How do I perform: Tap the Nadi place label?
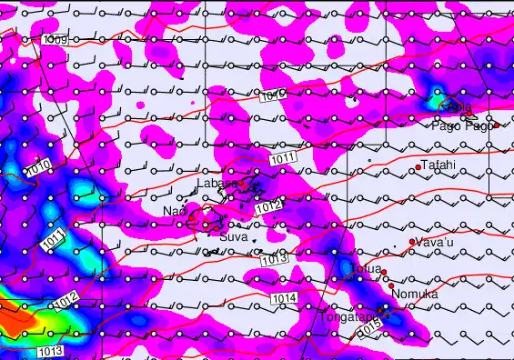(x=174, y=211)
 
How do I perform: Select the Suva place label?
(x=233, y=225)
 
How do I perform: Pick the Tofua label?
(x=363, y=269)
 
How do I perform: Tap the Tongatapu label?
(x=349, y=317)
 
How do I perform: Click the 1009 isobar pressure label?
(x=55, y=41)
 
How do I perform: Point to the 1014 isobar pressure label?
(x=283, y=298)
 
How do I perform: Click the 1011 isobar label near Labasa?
(x=282, y=159)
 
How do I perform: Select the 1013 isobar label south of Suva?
(x=274, y=259)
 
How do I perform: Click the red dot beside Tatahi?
(x=418, y=167)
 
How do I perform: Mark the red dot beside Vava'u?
(x=412, y=242)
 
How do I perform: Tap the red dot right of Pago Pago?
(x=497, y=125)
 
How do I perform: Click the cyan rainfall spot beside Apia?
(x=437, y=98)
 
